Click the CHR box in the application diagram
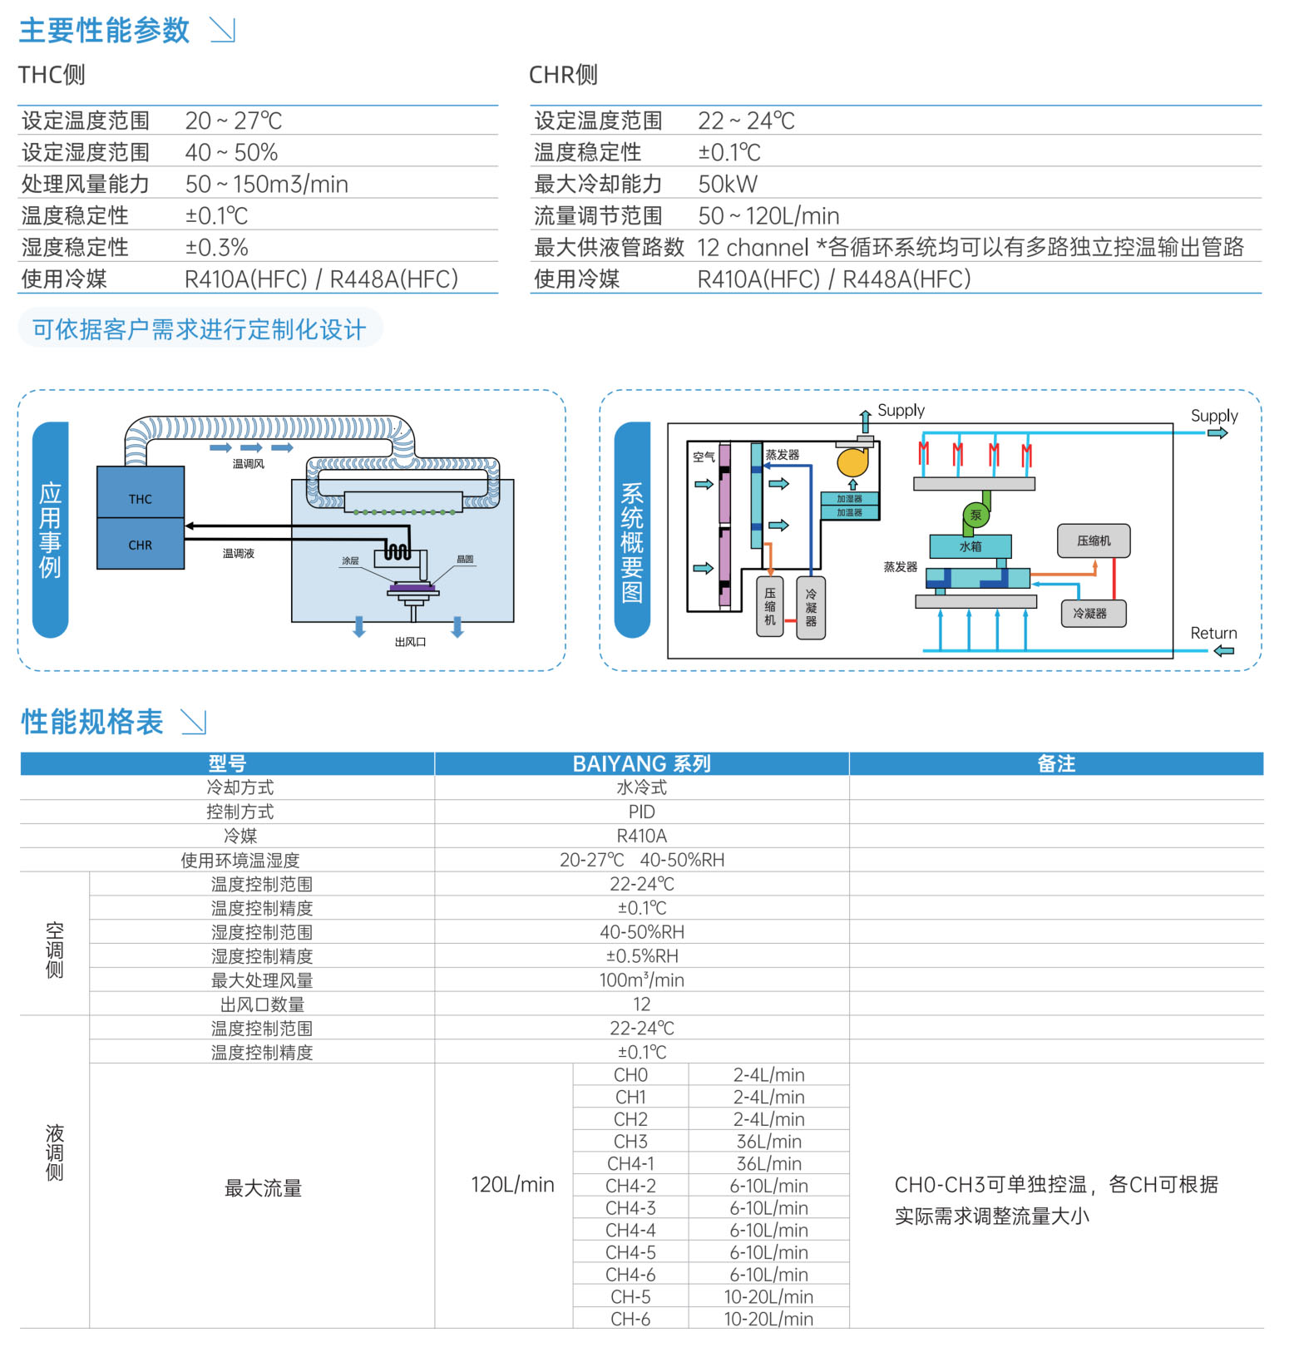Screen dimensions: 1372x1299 [141, 544]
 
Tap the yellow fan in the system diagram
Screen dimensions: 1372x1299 [852, 461]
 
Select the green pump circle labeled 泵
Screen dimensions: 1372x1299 [975, 515]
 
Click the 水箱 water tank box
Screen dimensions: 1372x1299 [971, 546]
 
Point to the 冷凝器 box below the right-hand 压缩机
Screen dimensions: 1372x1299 [1093, 613]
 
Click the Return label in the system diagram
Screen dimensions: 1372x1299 [1213, 633]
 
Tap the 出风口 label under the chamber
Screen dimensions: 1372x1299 [410, 641]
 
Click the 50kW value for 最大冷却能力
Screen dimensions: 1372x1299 [728, 184]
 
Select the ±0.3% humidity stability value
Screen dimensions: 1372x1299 [216, 247]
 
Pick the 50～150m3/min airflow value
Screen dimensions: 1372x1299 [266, 184]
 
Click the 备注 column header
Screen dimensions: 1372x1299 [1056, 763]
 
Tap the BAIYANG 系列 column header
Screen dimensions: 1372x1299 [641, 763]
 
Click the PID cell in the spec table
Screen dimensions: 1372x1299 [641, 812]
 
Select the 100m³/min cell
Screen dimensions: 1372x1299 [641, 980]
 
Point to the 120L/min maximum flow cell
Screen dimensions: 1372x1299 [512, 1184]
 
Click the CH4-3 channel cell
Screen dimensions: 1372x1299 [630, 1207]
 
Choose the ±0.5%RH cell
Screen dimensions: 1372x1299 [641, 956]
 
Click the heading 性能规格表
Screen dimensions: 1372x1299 [92, 722]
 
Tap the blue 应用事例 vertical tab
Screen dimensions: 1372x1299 [50, 530]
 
